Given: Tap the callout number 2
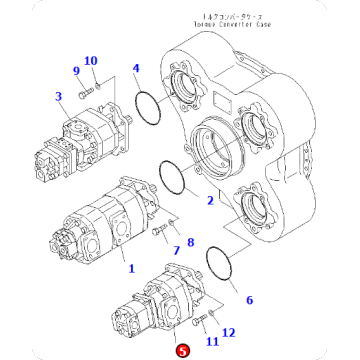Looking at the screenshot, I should pyautogui.click(x=210, y=201).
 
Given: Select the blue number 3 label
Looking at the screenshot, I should pyautogui.click(x=59, y=96).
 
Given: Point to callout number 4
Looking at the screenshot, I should pyautogui.click(x=136, y=69).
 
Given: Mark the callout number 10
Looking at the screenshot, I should pyautogui.click(x=91, y=62).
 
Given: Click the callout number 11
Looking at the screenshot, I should pyautogui.click(x=213, y=341).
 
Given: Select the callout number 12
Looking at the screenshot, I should pyautogui.click(x=228, y=331).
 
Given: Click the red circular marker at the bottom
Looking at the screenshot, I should pyautogui.click(x=181, y=350).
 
